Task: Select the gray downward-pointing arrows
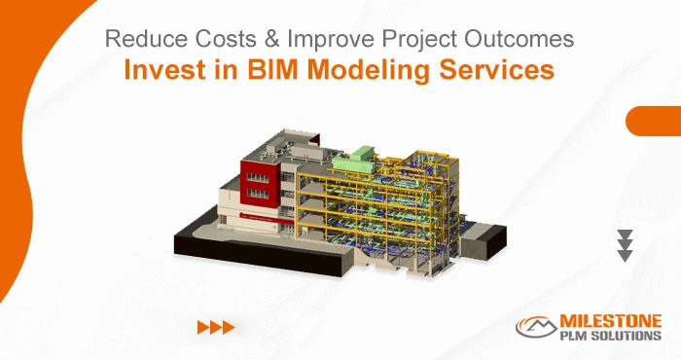pyautogui.click(x=626, y=246)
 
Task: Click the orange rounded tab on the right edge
pyautogui.click(x=654, y=122)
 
